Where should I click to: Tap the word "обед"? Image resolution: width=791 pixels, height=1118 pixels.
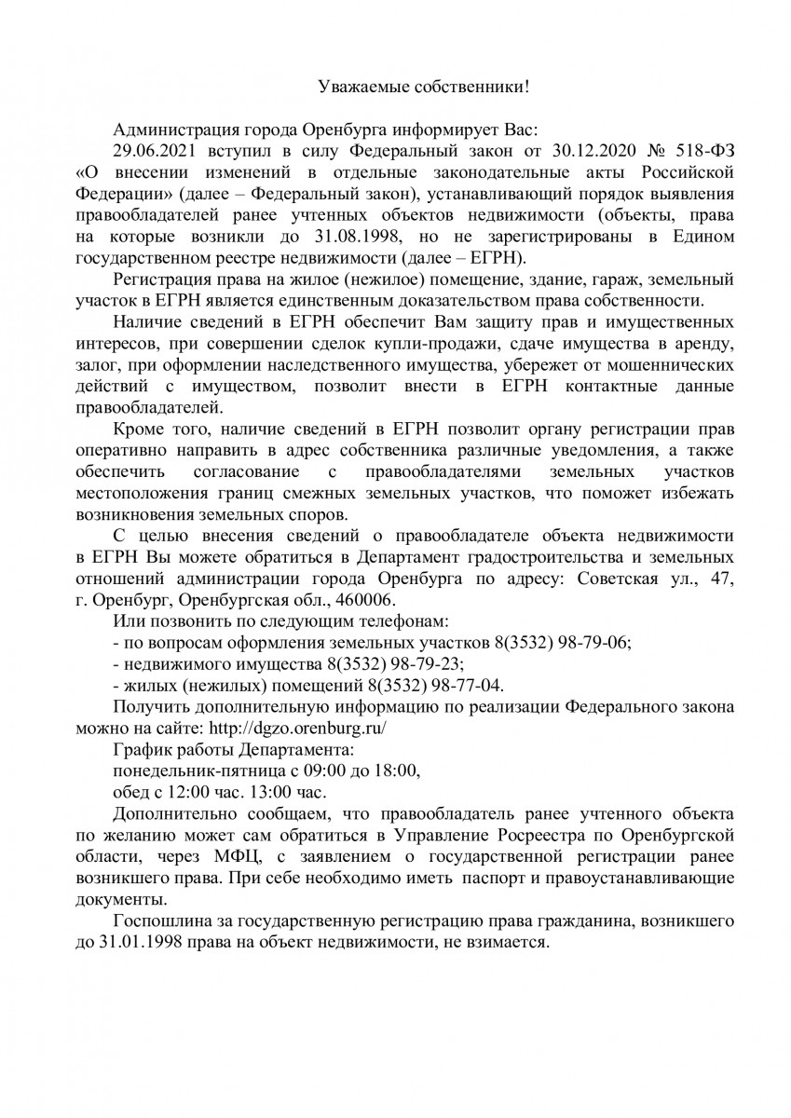click(x=131, y=793)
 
